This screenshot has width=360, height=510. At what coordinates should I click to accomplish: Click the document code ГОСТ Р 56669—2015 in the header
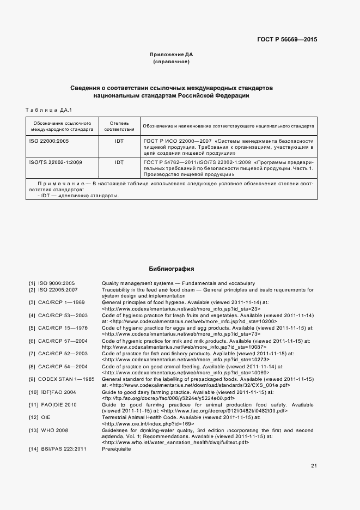pyautogui.click(x=287, y=40)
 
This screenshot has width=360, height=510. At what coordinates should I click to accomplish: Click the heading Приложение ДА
pyautogui.click(x=172, y=54)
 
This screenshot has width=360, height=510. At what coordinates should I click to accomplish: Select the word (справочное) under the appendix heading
pyautogui.click(x=172, y=62)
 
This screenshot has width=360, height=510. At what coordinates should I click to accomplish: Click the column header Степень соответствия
pyautogui.click(x=119, y=126)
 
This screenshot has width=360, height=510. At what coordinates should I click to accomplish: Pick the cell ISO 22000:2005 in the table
pyautogui.click(x=49, y=141)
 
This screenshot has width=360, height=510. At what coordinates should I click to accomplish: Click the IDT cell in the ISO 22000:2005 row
pyautogui.click(x=119, y=141)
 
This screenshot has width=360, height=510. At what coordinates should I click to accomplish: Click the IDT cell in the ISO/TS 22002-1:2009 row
pyautogui.click(x=119, y=162)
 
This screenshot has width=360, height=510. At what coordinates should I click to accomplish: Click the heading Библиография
pyautogui.click(x=172, y=269)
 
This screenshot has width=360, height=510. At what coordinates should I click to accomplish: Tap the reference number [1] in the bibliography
pyautogui.click(x=32, y=283)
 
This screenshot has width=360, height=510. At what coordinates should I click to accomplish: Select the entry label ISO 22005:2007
pyautogui.click(x=58, y=290)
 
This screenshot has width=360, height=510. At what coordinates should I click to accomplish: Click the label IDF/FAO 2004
pyautogui.click(x=57, y=392)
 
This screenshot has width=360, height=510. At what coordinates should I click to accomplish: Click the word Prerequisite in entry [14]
pyautogui.click(x=116, y=449)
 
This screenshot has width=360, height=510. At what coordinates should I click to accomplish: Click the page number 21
pyautogui.click(x=314, y=466)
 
